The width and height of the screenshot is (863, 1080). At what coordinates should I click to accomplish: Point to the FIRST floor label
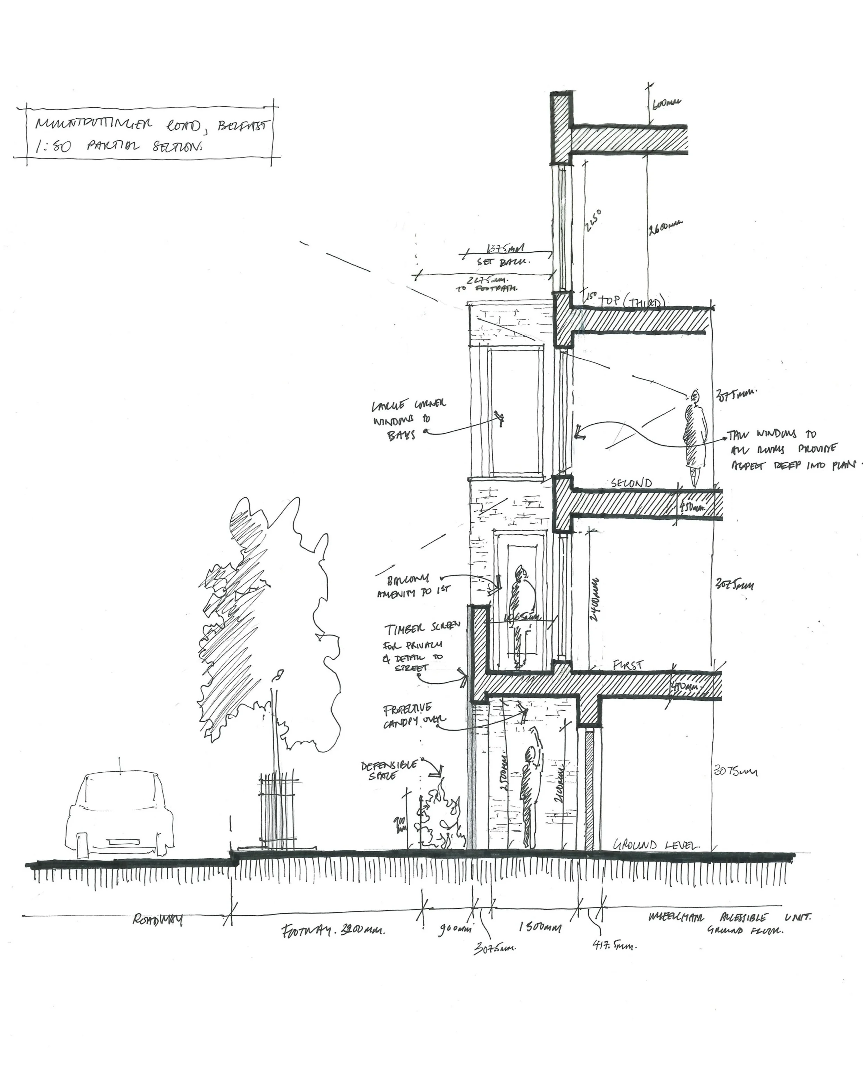tap(628, 666)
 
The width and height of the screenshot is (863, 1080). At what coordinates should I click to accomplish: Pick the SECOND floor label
tap(632, 483)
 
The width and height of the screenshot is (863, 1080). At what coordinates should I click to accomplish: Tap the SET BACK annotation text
tap(499, 262)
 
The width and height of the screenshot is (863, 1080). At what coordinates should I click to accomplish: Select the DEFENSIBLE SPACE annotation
tap(389, 770)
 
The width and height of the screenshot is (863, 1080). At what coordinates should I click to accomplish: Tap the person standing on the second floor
tap(695, 435)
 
